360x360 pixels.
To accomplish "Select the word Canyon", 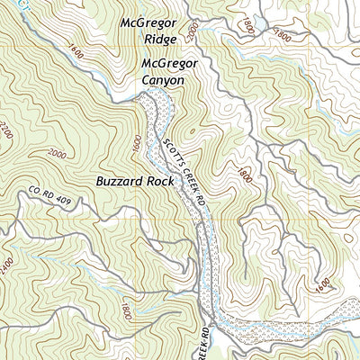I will click(x=162, y=80).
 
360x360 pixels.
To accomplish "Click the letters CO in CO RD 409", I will click(x=35, y=191).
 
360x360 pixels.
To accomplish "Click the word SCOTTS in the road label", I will click(x=173, y=146).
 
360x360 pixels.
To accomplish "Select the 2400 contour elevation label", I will click(x=8, y=267).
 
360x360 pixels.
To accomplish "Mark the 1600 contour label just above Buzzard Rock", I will click(x=136, y=143).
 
